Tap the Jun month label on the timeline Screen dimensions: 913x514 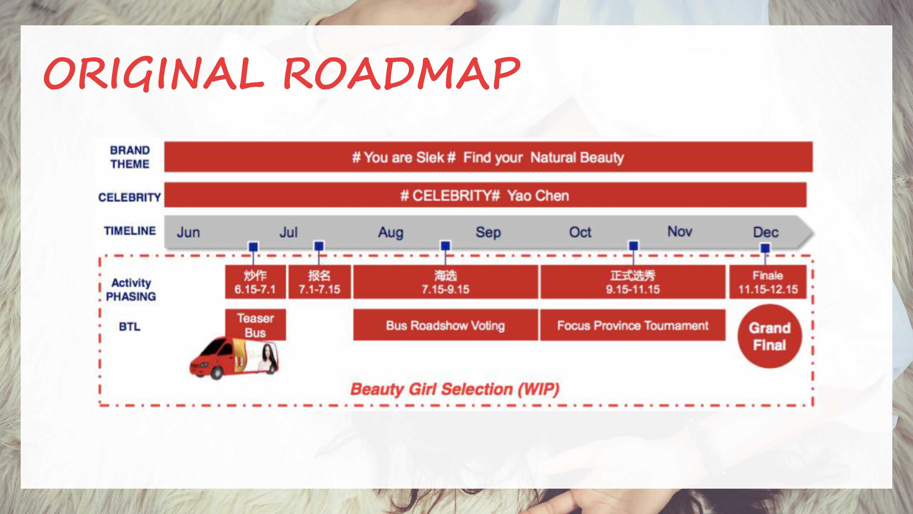point(188,232)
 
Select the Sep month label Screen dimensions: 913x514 point(488,233)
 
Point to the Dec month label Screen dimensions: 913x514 point(766,232)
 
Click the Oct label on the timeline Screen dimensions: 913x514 point(580,232)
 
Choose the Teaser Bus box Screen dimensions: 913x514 point(255,325)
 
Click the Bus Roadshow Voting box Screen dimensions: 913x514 point(445,325)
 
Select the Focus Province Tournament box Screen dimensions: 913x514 point(633,325)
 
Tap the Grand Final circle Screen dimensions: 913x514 point(770,336)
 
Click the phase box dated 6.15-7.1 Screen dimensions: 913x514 point(255,282)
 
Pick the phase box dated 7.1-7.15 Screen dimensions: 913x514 point(319,282)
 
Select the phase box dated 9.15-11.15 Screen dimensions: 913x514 point(633,282)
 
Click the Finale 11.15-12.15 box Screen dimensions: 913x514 point(768,282)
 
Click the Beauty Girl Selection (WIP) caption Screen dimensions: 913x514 point(455,389)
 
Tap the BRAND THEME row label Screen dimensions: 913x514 point(130,157)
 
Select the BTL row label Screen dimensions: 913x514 point(129,327)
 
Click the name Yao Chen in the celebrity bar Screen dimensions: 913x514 point(538,196)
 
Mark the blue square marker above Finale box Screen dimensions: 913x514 point(765,248)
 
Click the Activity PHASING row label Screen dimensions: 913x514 point(131,289)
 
